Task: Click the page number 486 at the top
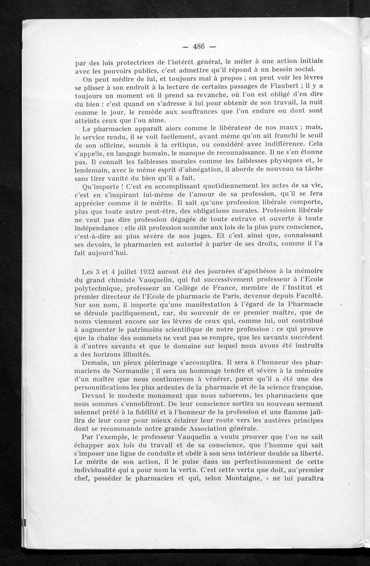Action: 199,46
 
